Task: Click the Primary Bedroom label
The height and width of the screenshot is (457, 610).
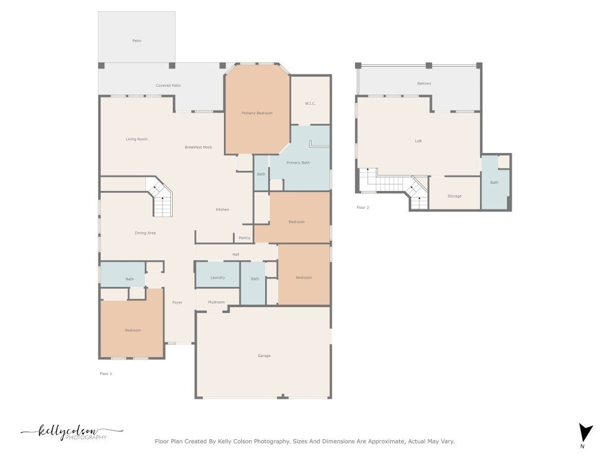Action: (x=257, y=113)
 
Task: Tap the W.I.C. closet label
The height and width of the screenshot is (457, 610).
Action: (x=310, y=104)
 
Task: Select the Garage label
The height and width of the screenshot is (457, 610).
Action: (x=264, y=356)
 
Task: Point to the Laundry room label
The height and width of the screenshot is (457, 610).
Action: (x=217, y=277)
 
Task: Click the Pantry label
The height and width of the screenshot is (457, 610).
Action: (x=244, y=238)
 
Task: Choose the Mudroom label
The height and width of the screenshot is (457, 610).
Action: (x=216, y=302)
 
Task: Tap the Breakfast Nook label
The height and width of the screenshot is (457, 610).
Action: (x=198, y=148)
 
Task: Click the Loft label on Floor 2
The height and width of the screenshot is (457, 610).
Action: (x=418, y=141)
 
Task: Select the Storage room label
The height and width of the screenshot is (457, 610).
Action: (x=455, y=196)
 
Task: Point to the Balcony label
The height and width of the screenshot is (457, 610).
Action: (x=424, y=83)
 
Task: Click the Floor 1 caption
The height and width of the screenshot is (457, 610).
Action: (x=106, y=374)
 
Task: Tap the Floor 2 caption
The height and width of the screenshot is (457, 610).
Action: (x=363, y=208)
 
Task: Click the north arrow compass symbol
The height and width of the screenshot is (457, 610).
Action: (x=585, y=433)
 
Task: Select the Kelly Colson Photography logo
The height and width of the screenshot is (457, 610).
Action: (x=72, y=432)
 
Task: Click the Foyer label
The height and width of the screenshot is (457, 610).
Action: (x=178, y=302)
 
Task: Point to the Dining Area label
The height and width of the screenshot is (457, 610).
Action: (x=145, y=233)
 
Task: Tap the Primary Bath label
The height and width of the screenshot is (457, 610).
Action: (x=298, y=163)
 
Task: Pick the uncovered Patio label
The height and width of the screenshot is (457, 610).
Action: (x=136, y=41)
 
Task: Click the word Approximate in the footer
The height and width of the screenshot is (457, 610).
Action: (x=386, y=442)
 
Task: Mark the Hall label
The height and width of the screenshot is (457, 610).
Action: (x=236, y=255)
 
